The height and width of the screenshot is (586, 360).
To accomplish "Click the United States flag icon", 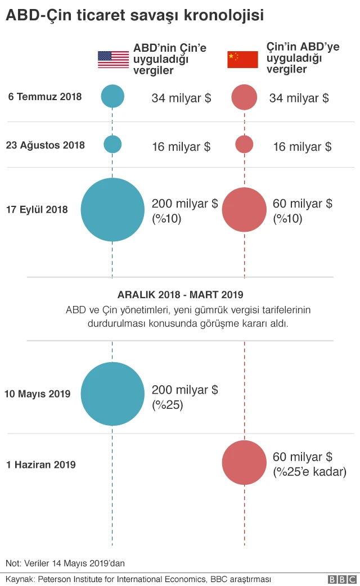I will [x=113, y=60].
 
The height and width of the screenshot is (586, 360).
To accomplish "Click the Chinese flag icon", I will [x=242, y=60].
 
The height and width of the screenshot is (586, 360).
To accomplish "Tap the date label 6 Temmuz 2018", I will [x=45, y=97].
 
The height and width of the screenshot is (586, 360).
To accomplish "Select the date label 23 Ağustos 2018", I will [x=46, y=145].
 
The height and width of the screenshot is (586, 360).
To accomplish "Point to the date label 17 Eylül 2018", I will [x=37, y=210].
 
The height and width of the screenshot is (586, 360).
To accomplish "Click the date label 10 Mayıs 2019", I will [x=37, y=394].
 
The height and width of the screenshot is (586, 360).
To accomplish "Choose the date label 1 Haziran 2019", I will [x=41, y=465].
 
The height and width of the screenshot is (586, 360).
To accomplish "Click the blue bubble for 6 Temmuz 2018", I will [x=112, y=96].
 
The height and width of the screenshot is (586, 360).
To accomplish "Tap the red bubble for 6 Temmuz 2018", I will [x=244, y=97].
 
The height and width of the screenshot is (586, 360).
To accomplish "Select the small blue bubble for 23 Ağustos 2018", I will [x=112, y=145].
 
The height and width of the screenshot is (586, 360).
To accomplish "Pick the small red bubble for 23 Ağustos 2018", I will [x=244, y=145].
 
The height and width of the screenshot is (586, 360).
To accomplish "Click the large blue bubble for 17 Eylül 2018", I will [x=112, y=210].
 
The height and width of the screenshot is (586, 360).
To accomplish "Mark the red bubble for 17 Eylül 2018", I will [x=244, y=210].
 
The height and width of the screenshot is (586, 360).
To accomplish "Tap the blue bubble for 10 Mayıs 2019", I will [x=112, y=394].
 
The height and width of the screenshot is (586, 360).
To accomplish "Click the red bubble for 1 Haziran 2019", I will [x=244, y=463].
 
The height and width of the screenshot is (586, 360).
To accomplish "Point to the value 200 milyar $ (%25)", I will [x=185, y=397].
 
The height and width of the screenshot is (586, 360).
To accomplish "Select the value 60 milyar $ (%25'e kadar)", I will [x=309, y=464].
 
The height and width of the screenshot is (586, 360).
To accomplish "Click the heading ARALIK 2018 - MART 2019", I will [x=180, y=294].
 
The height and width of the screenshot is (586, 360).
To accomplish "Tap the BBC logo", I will [x=342, y=579].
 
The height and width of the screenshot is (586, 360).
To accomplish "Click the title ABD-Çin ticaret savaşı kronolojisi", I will [x=135, y=16].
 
